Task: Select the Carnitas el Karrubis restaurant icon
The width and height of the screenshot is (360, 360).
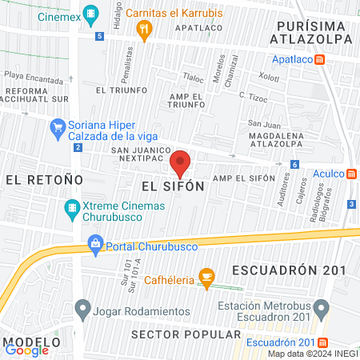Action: [x=145, y=31]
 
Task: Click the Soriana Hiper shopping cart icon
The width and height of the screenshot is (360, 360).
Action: [x=58, y=126]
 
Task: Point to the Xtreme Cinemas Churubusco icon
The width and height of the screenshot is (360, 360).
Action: [x=73, y=210]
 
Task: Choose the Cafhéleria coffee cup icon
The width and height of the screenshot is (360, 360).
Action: [x=206, y=278]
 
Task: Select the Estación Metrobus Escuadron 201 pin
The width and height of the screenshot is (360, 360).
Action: [x=322, y=307]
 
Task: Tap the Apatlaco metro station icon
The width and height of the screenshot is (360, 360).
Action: [x=319, y=59]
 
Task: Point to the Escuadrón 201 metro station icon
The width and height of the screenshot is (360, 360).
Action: [x=319, y=343]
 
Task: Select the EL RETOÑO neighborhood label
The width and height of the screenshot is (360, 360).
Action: [x=38, y=180]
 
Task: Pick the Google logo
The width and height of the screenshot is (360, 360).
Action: [x=26, y=350]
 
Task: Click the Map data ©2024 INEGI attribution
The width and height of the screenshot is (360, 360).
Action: [x=313, y=354]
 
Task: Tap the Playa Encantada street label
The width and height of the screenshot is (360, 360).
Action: [x=33, y=81]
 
